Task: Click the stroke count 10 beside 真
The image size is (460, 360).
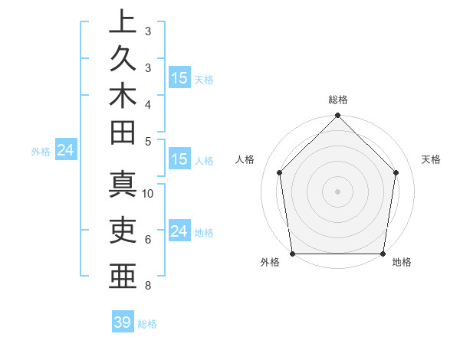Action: coord(148,193)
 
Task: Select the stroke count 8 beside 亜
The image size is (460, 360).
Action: coord(147,286)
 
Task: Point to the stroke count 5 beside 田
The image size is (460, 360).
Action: coord(147,141)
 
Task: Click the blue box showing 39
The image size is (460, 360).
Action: coord(123,322)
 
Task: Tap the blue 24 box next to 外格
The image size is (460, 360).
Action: coord(66,151)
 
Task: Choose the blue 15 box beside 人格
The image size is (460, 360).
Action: coord(179,160)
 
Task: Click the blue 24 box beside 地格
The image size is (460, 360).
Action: coord(179,231)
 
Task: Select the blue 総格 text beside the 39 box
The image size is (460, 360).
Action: coord(147,324)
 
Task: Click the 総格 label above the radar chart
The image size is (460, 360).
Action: coord(338,100)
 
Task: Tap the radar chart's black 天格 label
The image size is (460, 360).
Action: coord(432,159)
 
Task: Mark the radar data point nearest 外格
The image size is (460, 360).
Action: coord(292,254)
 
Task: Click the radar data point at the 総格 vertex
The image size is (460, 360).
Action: coord(337,116)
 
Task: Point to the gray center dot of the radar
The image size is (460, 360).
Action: coord(337,191)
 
